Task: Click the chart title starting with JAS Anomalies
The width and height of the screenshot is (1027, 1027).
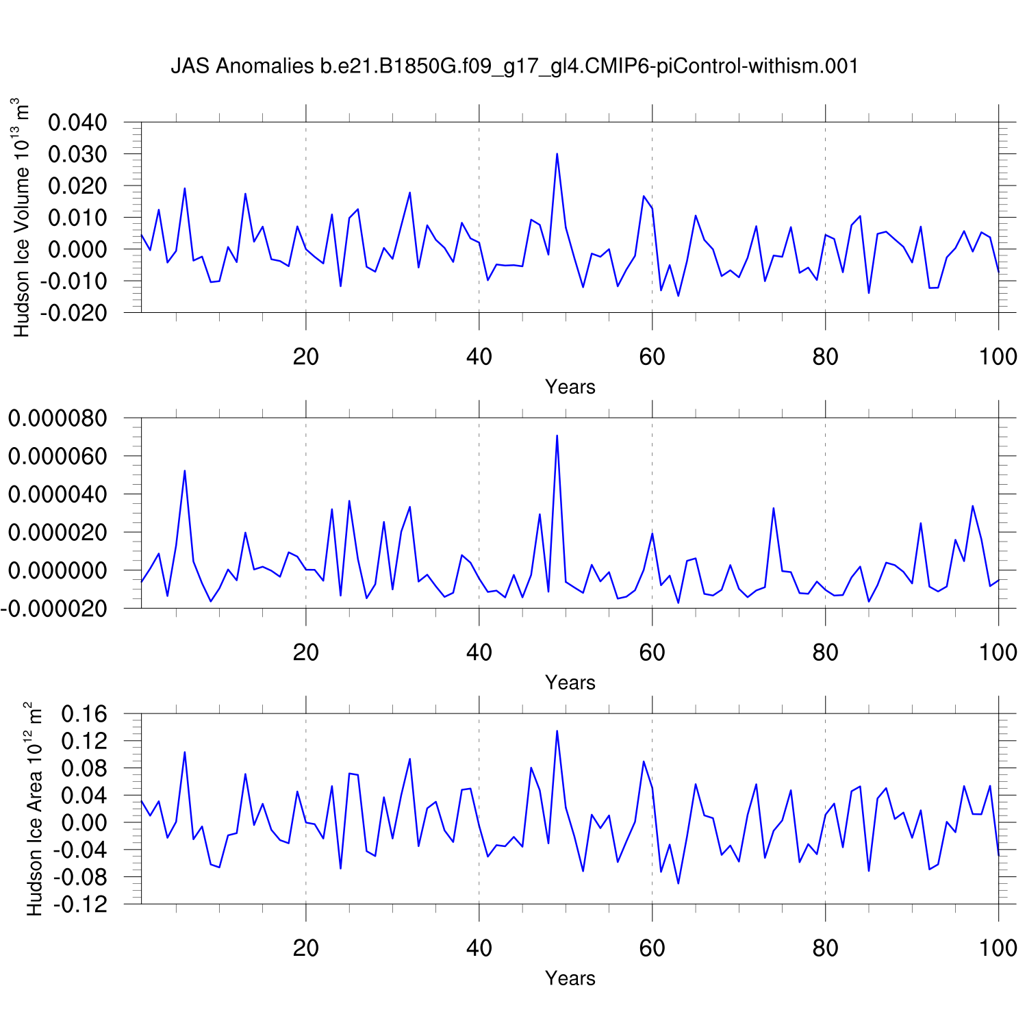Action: pos(514,66)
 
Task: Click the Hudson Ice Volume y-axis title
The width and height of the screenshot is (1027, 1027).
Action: pos(22,218)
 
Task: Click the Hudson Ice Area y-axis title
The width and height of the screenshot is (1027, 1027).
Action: pos(34,809)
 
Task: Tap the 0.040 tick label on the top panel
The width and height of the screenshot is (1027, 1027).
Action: pos(77,123)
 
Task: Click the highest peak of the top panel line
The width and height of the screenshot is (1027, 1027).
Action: pos(557,154)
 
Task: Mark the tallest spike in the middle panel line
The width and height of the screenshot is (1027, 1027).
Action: pos(557,435)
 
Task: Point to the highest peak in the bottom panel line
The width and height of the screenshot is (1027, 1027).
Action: pos(557,731)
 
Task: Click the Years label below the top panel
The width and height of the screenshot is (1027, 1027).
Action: pos(570,387)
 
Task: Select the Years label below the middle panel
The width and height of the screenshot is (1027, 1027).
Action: pos(570,683)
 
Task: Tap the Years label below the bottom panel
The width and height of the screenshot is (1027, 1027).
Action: pos(570,978)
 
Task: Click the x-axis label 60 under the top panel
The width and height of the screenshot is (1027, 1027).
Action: pos(652,357)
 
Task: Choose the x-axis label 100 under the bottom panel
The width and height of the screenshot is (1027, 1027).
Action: pos(998,948)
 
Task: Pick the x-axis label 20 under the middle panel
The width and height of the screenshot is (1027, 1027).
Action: pos(305,652)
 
